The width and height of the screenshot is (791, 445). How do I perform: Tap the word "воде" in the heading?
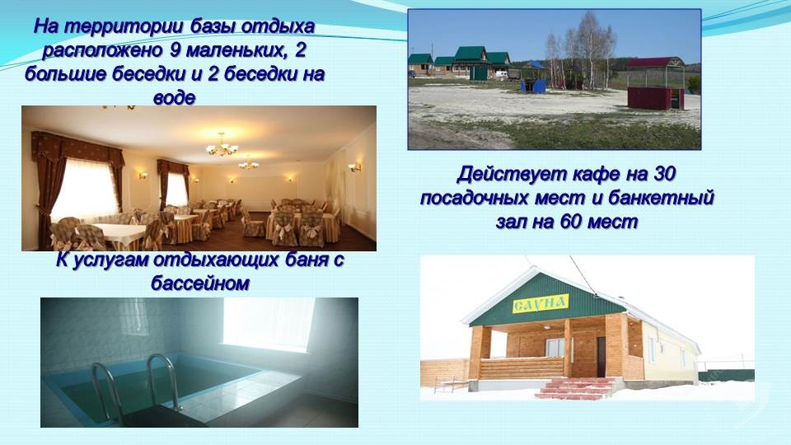click(174, 97)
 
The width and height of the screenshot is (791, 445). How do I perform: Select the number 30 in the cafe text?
click(664, 174)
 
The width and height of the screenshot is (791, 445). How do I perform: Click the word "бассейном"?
click(200, 283)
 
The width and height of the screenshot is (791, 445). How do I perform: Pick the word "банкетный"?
click(661, 198)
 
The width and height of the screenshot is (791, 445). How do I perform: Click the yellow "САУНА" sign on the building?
click(541, 304)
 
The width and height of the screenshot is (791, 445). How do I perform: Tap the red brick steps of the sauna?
click(575, 388)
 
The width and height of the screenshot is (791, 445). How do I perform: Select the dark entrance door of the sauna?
click(601, 356)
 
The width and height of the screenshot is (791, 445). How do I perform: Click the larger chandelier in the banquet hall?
click(222, 147)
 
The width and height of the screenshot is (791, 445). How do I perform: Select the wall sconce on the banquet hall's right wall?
click(355, 167)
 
